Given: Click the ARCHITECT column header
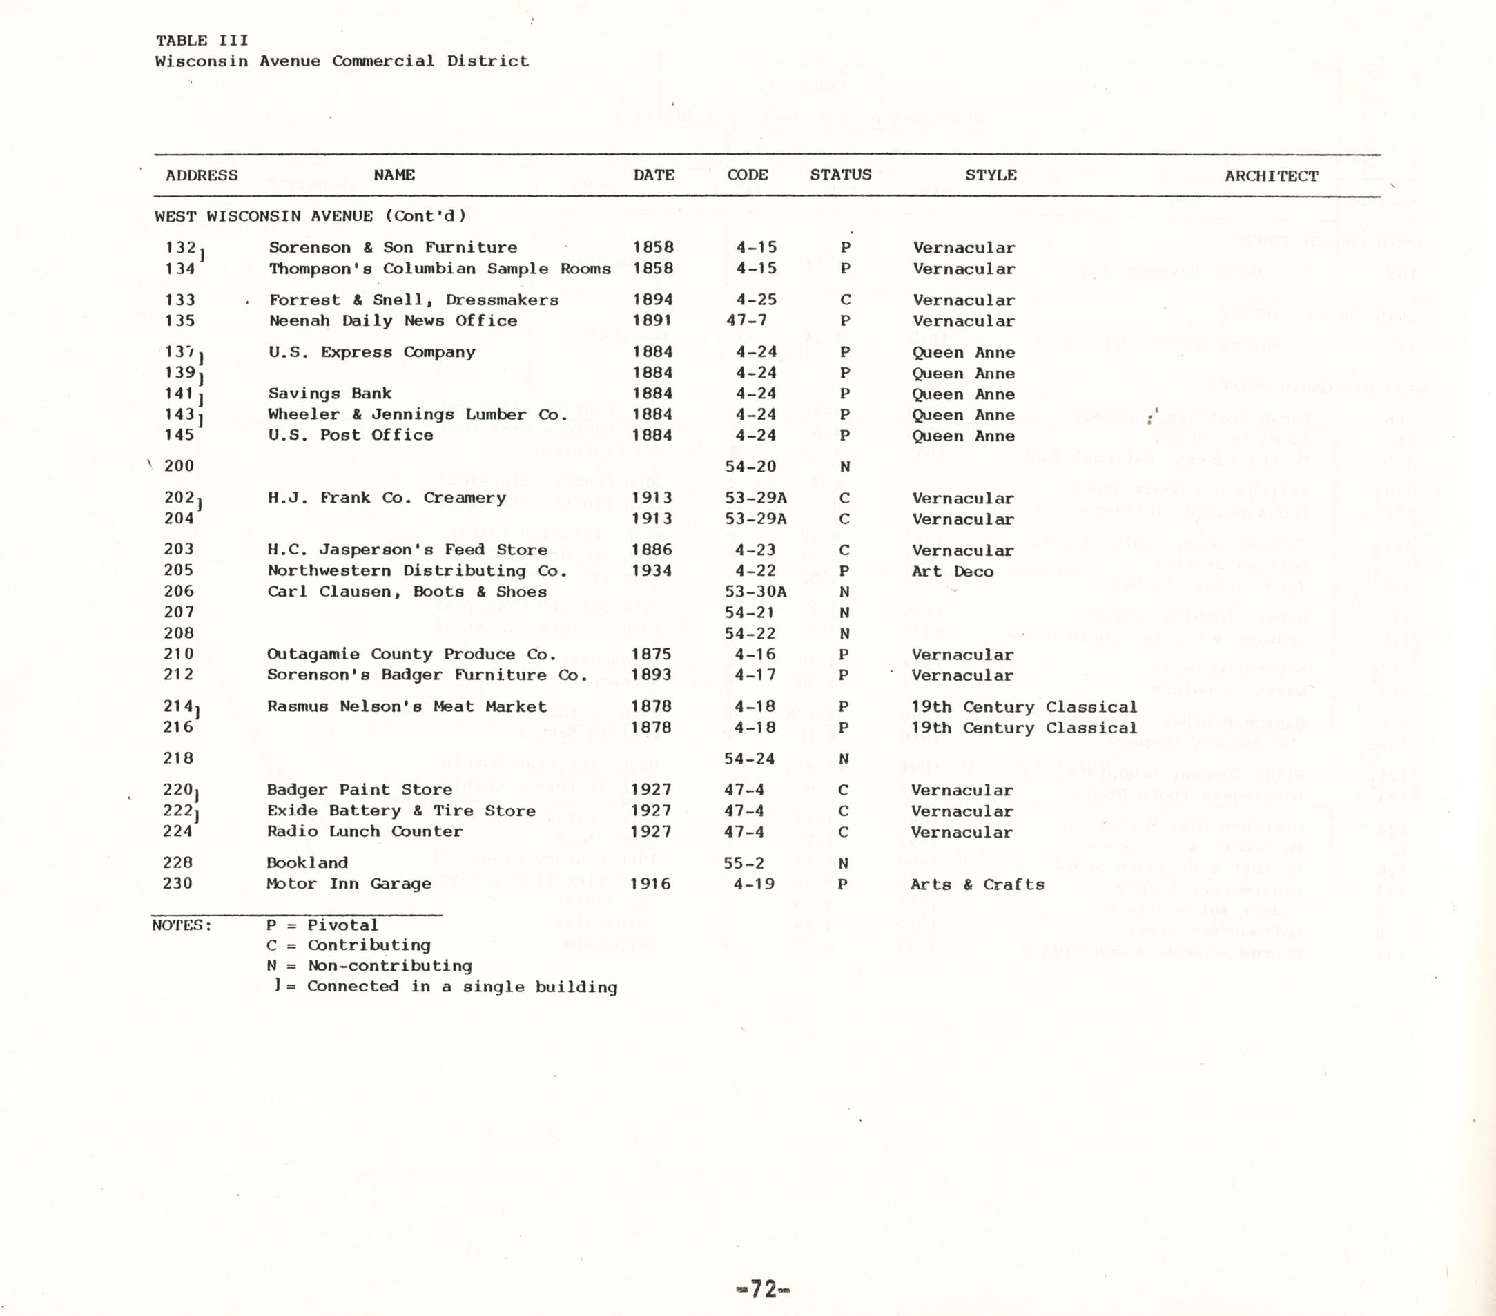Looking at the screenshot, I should [1272, 175].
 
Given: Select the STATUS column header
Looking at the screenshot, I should [840, 175].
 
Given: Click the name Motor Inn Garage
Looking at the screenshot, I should [349, 884].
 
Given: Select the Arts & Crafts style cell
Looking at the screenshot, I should [976, 884].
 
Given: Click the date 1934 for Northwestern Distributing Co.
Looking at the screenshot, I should [652, 571].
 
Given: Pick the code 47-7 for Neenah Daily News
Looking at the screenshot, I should [746, 320].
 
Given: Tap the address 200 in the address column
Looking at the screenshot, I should [179, 466].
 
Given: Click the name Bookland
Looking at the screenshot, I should [307, 863].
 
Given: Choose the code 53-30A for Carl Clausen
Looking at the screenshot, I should [755, 592].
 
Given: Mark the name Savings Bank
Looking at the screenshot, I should [329, 394].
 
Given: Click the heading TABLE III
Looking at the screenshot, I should [202, 40].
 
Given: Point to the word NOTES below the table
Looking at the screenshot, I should [182, 925].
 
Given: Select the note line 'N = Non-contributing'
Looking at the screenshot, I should [369, 966].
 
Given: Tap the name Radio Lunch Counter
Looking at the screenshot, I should [364, 831].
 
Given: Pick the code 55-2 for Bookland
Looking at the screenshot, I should [744, 863].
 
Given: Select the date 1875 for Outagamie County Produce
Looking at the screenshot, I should [652, 655].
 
